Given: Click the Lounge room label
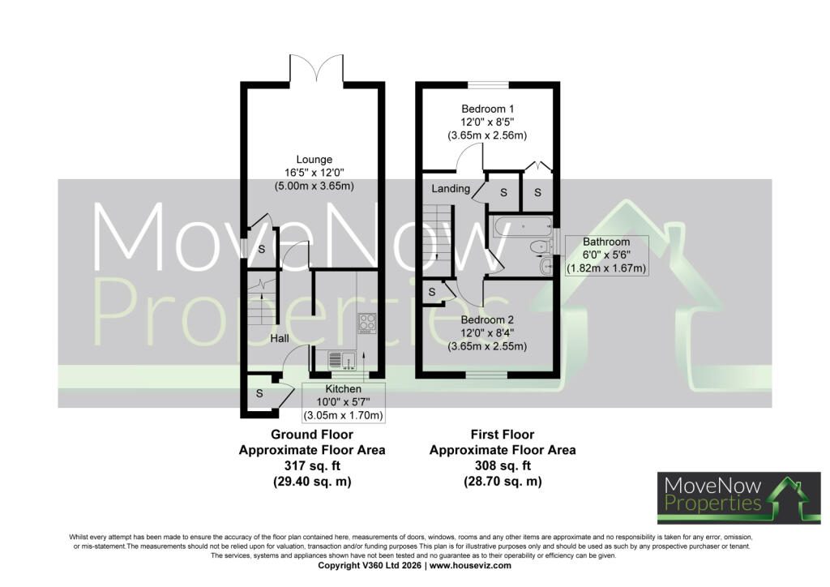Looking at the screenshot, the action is pyautogui.click(x=314, y=160).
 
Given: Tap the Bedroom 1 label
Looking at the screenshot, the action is pyautogui.click(x=487, y=109).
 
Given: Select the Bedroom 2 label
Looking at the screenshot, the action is pyautogui.click(x=487, y=319).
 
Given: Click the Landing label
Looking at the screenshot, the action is pyautogui.click(x=451, y=188).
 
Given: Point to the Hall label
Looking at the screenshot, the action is pyautogui.click(x=280, y=338).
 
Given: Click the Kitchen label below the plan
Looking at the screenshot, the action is pyautogui.click(x=343, y=389).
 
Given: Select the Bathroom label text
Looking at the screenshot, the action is pyautogui.click(x=606, y=242).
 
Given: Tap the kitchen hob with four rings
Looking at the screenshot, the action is pyautogui.click(x=367, y=323).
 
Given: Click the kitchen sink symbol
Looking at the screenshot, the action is pyautogui.click(x=342, y=360).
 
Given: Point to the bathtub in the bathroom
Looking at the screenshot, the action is pyautogui.click(x=522, y=226).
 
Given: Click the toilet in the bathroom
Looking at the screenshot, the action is pyautogui.click(x=541, y=246).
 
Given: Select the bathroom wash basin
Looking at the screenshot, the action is pyautogui.click(x=545, y=266).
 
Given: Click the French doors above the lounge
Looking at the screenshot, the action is pyautogui.click(x=317, y=68).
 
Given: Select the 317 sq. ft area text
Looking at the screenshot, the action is pyautogui.click(x=312, y=465).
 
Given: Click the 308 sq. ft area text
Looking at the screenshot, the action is pyautogui.click(x=503, y=465).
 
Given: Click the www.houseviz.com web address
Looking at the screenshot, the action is pyautogui.click(x=470, y=565).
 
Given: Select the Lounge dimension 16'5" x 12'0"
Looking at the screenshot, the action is pyautogui.click(x=314, y=173).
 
